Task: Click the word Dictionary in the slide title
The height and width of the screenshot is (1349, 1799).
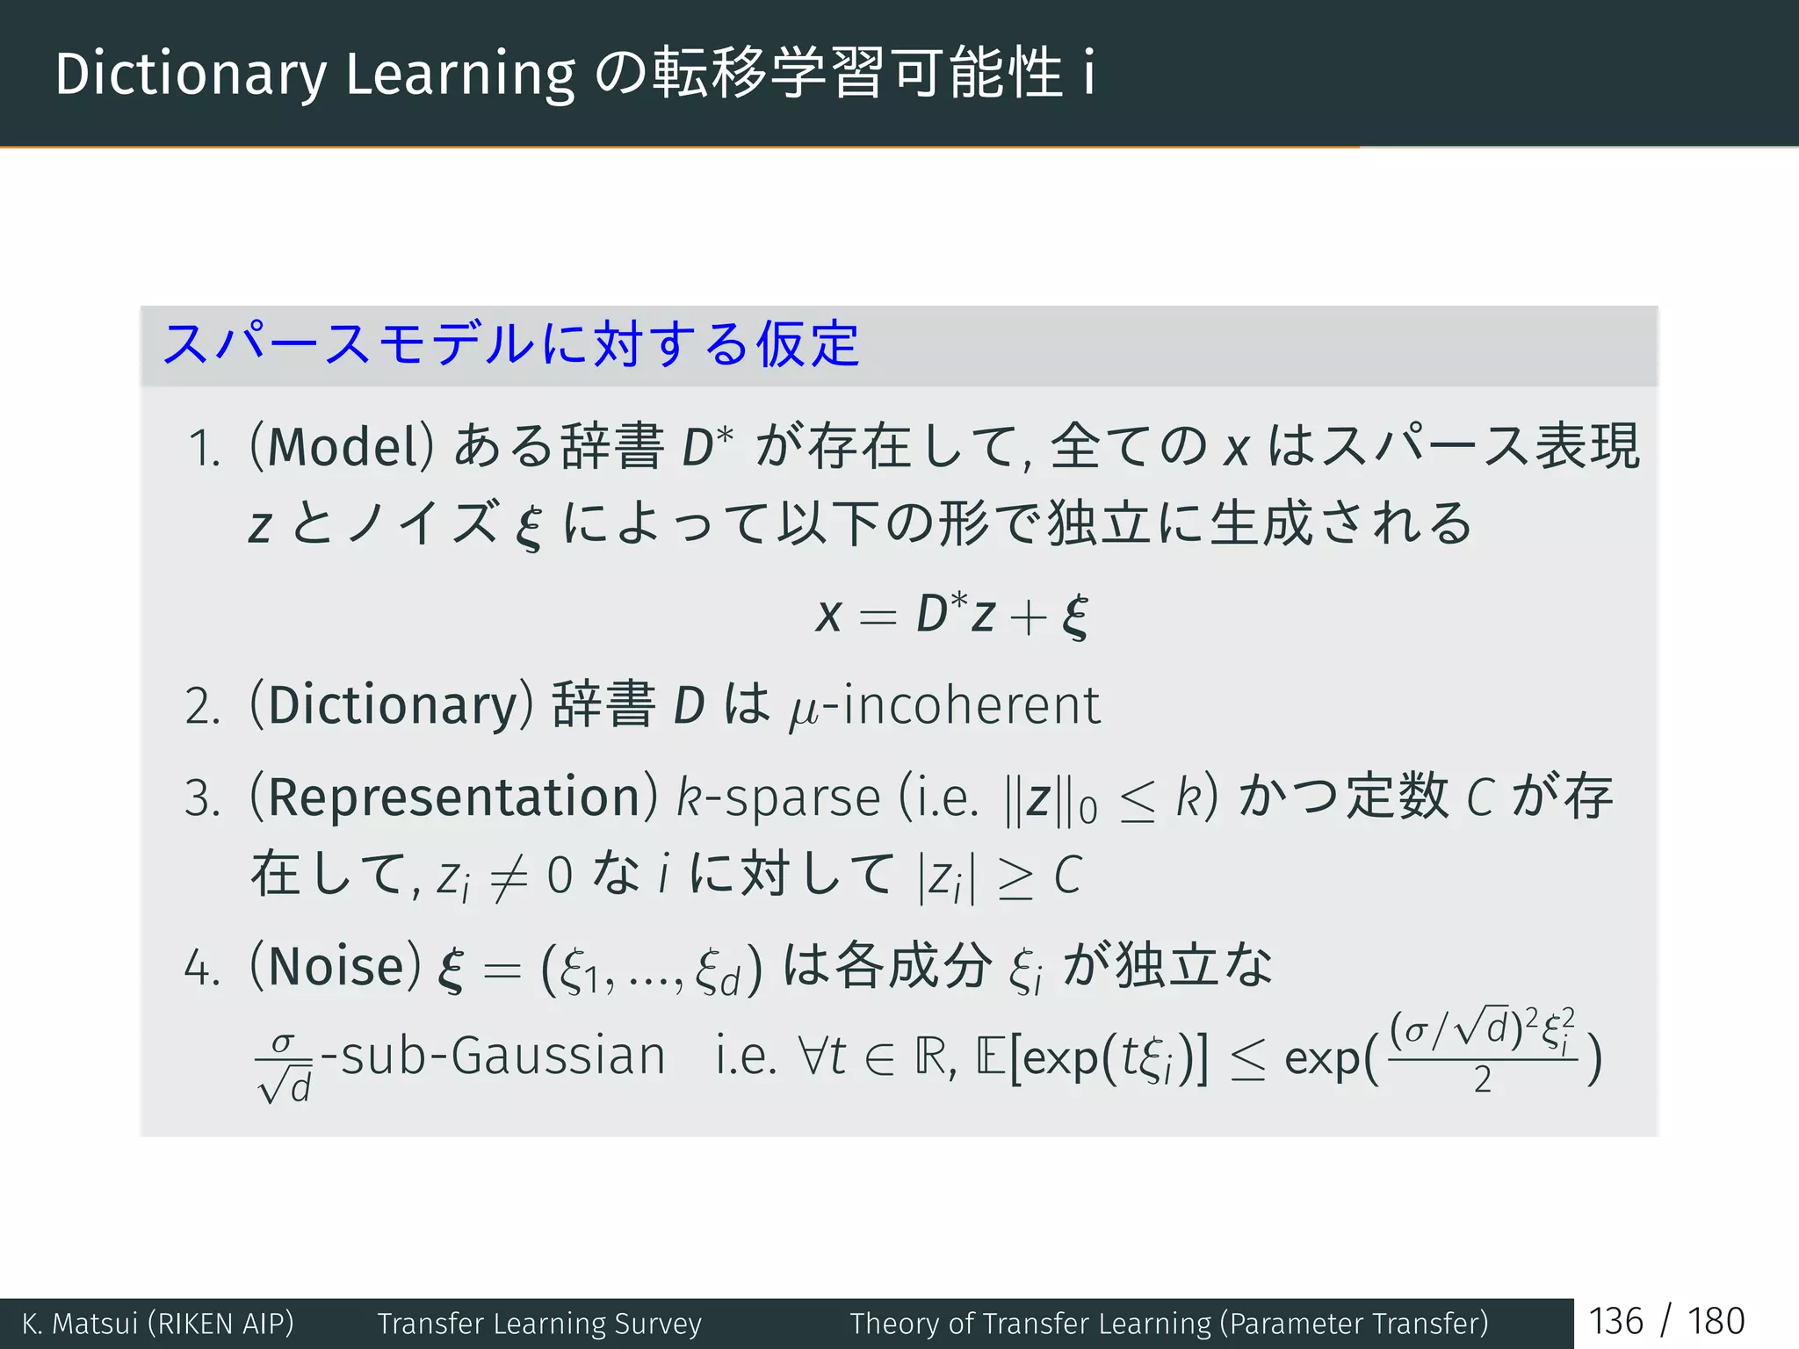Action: click(x=190, y=74)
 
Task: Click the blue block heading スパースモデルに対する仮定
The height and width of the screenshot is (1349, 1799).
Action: click(x=510, y=343)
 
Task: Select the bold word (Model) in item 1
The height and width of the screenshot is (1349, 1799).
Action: click(x=342, y=446)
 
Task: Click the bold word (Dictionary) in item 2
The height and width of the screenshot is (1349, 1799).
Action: click(x=392, y=705)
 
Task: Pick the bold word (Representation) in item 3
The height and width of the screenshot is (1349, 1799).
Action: click(x=453, y=797)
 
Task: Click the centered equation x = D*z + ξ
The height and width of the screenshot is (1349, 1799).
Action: click(x=952, y=614)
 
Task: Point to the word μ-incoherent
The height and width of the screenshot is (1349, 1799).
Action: click(x=945, y=706)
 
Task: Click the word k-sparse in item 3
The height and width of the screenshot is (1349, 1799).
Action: click(x=778, y=797)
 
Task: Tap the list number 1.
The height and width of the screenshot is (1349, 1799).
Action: click(x=204, y=449)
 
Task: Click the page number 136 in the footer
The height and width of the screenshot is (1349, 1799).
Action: click(x=1615, y=1322)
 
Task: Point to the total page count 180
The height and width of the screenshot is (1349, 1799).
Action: click(x=1716, y=1322)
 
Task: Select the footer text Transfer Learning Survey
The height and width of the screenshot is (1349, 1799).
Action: click(x=539, y=1324)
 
